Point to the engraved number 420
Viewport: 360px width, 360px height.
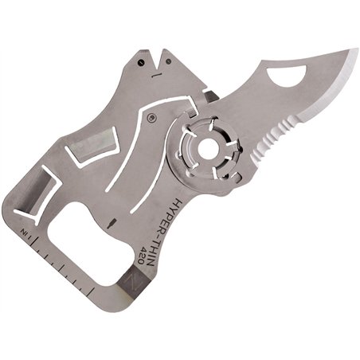tap(145, 254)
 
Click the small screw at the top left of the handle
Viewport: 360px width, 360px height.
tap(141, 62)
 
